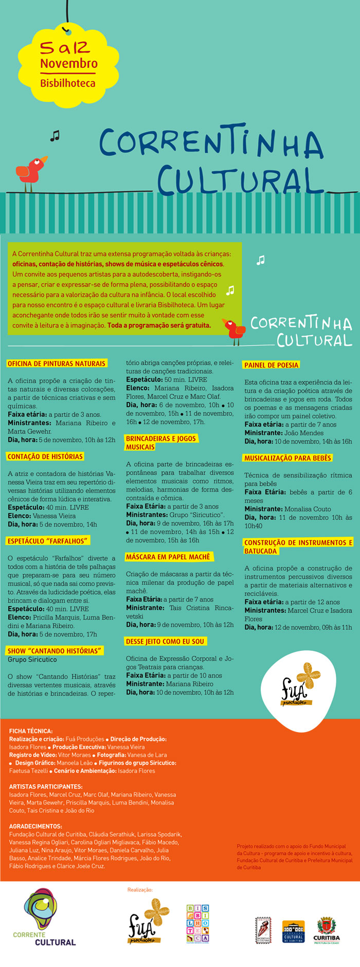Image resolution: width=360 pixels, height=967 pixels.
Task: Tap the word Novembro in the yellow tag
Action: tap(69, 64)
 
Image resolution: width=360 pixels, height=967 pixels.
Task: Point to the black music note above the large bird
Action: tap(55, 136)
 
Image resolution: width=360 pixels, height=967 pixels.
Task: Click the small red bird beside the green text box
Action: tap(234, 330)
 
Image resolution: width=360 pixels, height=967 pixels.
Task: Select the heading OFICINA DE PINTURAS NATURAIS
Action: tap(57, 363)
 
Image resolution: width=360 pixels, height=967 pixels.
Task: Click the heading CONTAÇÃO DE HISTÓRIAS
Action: tap(45, 457)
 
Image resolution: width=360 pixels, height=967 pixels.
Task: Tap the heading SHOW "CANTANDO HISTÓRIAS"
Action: tap(55, 651)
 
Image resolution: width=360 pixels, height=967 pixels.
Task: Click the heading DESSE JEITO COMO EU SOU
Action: tap(166, 642)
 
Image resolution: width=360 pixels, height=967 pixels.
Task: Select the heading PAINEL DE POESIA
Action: tap(271, 365)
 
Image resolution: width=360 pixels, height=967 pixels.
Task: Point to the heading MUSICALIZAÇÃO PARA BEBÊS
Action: tap(288, 458)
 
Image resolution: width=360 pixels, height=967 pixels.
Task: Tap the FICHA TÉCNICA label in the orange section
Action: tap(31, 731)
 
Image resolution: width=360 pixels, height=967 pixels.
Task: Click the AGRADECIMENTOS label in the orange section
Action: tap(35, 826)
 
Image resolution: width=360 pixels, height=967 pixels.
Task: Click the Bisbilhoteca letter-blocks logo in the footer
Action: tap(198, 923)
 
